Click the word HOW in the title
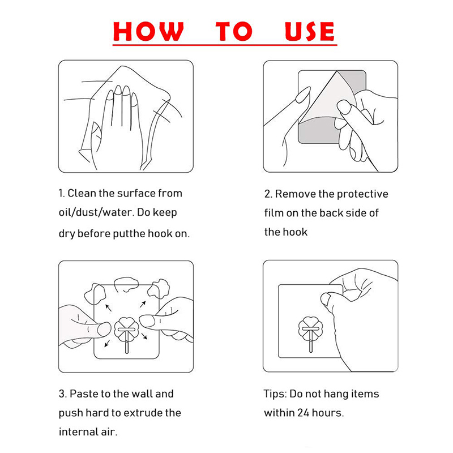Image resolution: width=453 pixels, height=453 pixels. (148, 31)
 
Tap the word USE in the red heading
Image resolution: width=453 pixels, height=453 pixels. (309, 31)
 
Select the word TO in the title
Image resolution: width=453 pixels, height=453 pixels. (234, 31)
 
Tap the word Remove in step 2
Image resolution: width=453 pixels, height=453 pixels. (295, 194)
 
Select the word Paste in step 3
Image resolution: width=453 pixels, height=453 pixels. (84, 394)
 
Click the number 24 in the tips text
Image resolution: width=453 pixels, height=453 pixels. (304, 413)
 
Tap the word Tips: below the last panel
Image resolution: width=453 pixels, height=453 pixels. (275, 394)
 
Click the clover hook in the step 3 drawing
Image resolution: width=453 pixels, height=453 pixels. (126, 334)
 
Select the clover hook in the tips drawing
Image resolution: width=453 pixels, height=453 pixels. (310, 333)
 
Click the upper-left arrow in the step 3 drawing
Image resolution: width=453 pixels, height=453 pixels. (108, 308)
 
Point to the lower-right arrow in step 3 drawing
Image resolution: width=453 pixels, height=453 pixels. (144, 336)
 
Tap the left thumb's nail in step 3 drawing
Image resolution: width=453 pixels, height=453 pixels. (104, 330)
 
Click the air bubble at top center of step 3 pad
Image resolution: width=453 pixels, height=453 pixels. (125, 284)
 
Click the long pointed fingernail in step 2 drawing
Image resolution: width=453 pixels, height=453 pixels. (304, 95)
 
